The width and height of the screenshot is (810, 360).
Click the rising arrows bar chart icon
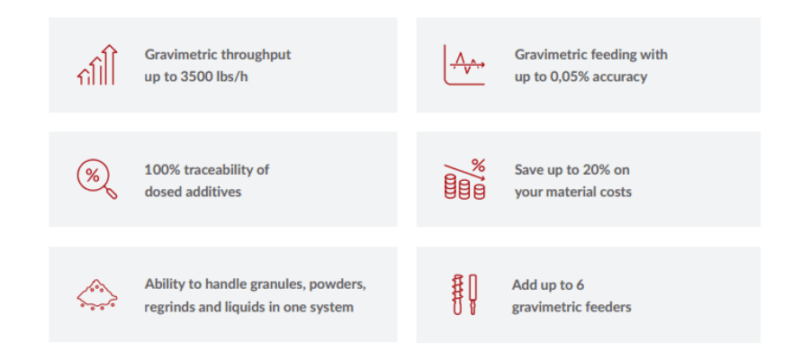click(x=97, y=65)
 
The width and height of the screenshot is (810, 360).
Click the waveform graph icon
click(x=464, y=65)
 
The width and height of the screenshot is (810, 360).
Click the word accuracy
click(x=620, y=77)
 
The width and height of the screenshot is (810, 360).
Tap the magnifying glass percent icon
click(x=97, y=179)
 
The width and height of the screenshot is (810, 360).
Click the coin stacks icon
click(x=465, y=179)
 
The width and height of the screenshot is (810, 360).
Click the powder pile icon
click(x=97, y=294)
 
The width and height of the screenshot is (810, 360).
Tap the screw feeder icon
click(x=464, y=294)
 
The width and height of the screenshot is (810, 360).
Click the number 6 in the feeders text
click(x=580, y=284)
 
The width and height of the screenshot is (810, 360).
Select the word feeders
click(x=611, y=307)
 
